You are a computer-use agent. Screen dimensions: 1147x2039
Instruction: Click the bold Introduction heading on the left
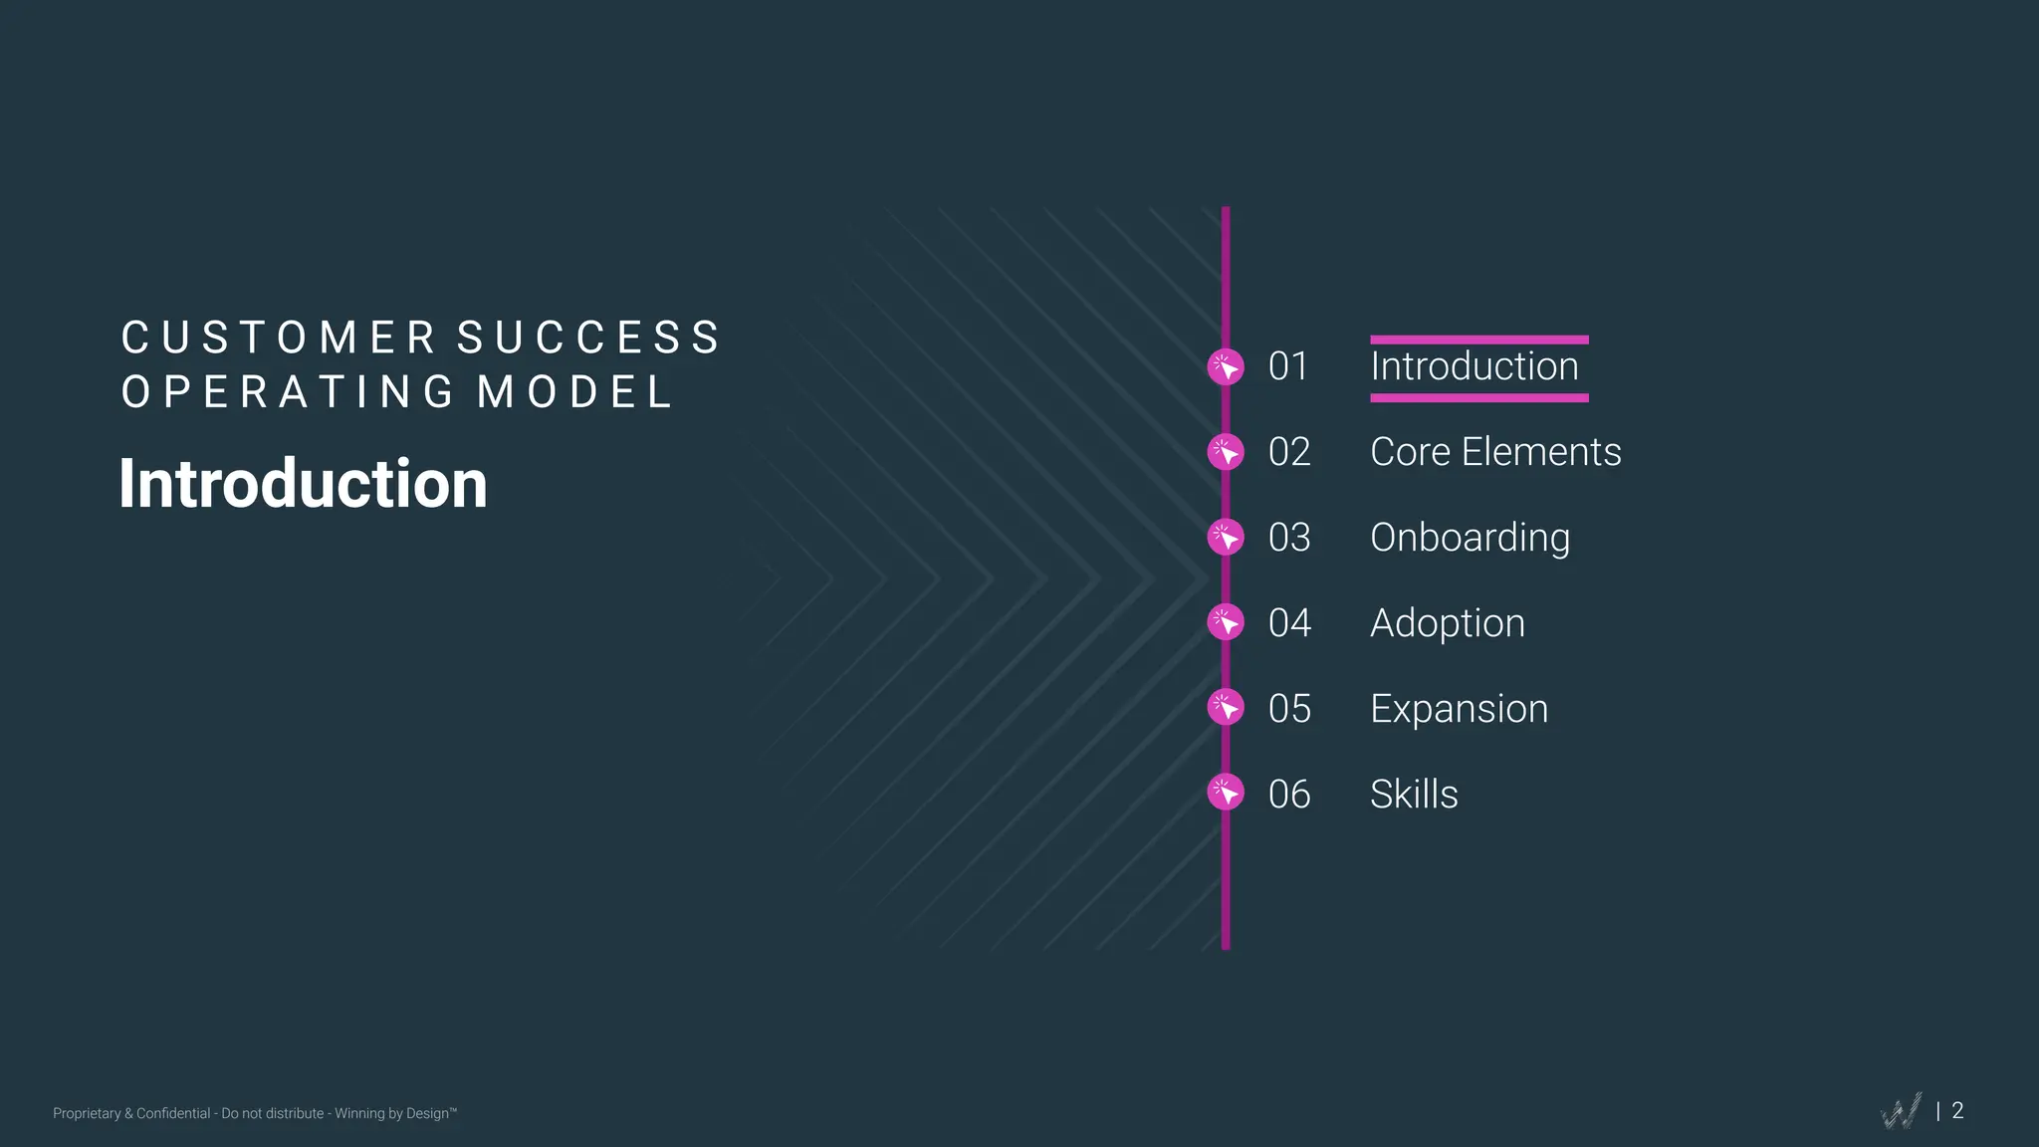303,484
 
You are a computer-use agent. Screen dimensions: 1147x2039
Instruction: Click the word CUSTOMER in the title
279,339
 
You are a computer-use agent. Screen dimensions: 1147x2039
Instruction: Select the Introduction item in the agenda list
1473,366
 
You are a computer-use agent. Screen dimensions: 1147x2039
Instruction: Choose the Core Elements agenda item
1495,452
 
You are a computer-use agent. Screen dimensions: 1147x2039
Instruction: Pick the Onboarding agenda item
1470,538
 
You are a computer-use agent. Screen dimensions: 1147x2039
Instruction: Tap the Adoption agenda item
1447,623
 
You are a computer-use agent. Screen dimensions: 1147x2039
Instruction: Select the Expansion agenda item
1459,709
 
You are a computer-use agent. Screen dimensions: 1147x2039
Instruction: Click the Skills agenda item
1414,795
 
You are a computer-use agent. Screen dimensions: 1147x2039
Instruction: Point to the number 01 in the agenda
1288,366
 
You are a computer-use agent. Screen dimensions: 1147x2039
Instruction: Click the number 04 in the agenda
1289,623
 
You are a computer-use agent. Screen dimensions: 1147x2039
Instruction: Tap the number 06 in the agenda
1289,795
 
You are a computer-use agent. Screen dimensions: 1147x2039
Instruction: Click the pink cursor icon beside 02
1226,452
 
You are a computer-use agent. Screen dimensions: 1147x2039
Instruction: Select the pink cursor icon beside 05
1226,708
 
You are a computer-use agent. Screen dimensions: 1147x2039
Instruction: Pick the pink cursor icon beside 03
1226,538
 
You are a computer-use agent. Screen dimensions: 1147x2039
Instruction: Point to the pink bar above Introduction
1478,341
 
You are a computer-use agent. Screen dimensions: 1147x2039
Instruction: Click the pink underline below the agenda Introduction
1478,398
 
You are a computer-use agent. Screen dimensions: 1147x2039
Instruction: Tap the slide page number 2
1957,1110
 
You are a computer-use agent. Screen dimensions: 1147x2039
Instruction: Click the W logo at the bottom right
1902,1111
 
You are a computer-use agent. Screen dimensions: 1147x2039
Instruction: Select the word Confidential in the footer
173,1113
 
